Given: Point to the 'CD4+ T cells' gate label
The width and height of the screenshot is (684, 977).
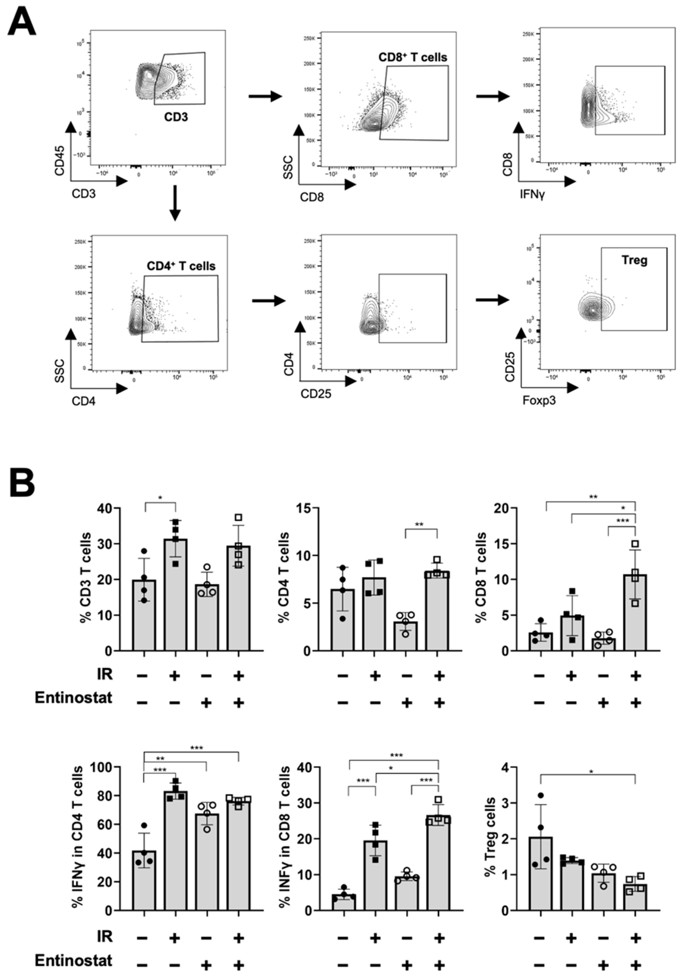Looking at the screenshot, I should point(181,266).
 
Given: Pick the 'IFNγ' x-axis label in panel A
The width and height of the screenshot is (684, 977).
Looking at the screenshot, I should point(532,195).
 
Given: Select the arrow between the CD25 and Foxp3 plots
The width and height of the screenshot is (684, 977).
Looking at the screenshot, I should point(492,300).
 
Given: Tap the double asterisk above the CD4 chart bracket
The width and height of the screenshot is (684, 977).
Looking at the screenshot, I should point(419,524).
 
